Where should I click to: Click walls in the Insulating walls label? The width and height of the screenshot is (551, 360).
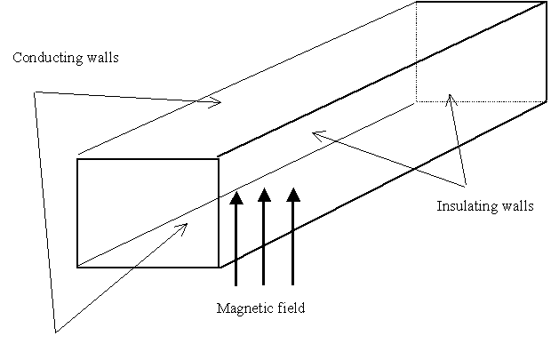[516, 207]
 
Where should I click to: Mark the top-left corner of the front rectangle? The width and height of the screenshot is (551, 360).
[77, 159]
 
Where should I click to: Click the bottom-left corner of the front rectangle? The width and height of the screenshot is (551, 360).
[77, 266]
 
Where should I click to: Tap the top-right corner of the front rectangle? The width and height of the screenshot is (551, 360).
[219, 159]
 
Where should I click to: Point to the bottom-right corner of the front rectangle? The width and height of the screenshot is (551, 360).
[219, 266]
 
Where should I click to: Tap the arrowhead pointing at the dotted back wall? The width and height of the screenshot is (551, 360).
[451, 96]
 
